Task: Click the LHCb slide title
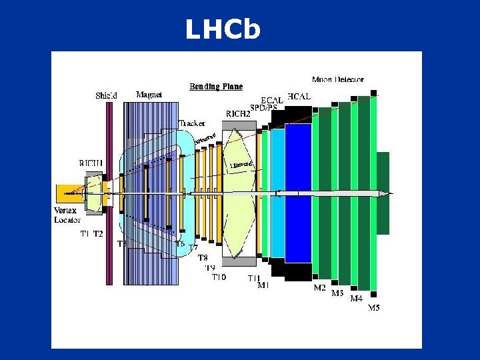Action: (222, 29)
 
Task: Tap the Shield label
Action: (106, 95)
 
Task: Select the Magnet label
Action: (149, 95)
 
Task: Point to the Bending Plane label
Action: (216, 86)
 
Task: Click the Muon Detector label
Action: (338, 79)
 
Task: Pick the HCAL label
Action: (299, 97)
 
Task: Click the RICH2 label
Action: (238, 114)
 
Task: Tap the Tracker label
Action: (192, 123)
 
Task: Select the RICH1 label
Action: (91, 163)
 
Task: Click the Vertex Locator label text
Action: (67, 215)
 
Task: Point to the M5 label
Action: (375, 309)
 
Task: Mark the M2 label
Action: (320, 288)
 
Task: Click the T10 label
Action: (219, 277)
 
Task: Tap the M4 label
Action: (357, 299)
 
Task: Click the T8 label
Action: (203, 257)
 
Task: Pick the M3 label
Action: (338, 293)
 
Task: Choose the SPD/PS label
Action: (263, 107)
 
